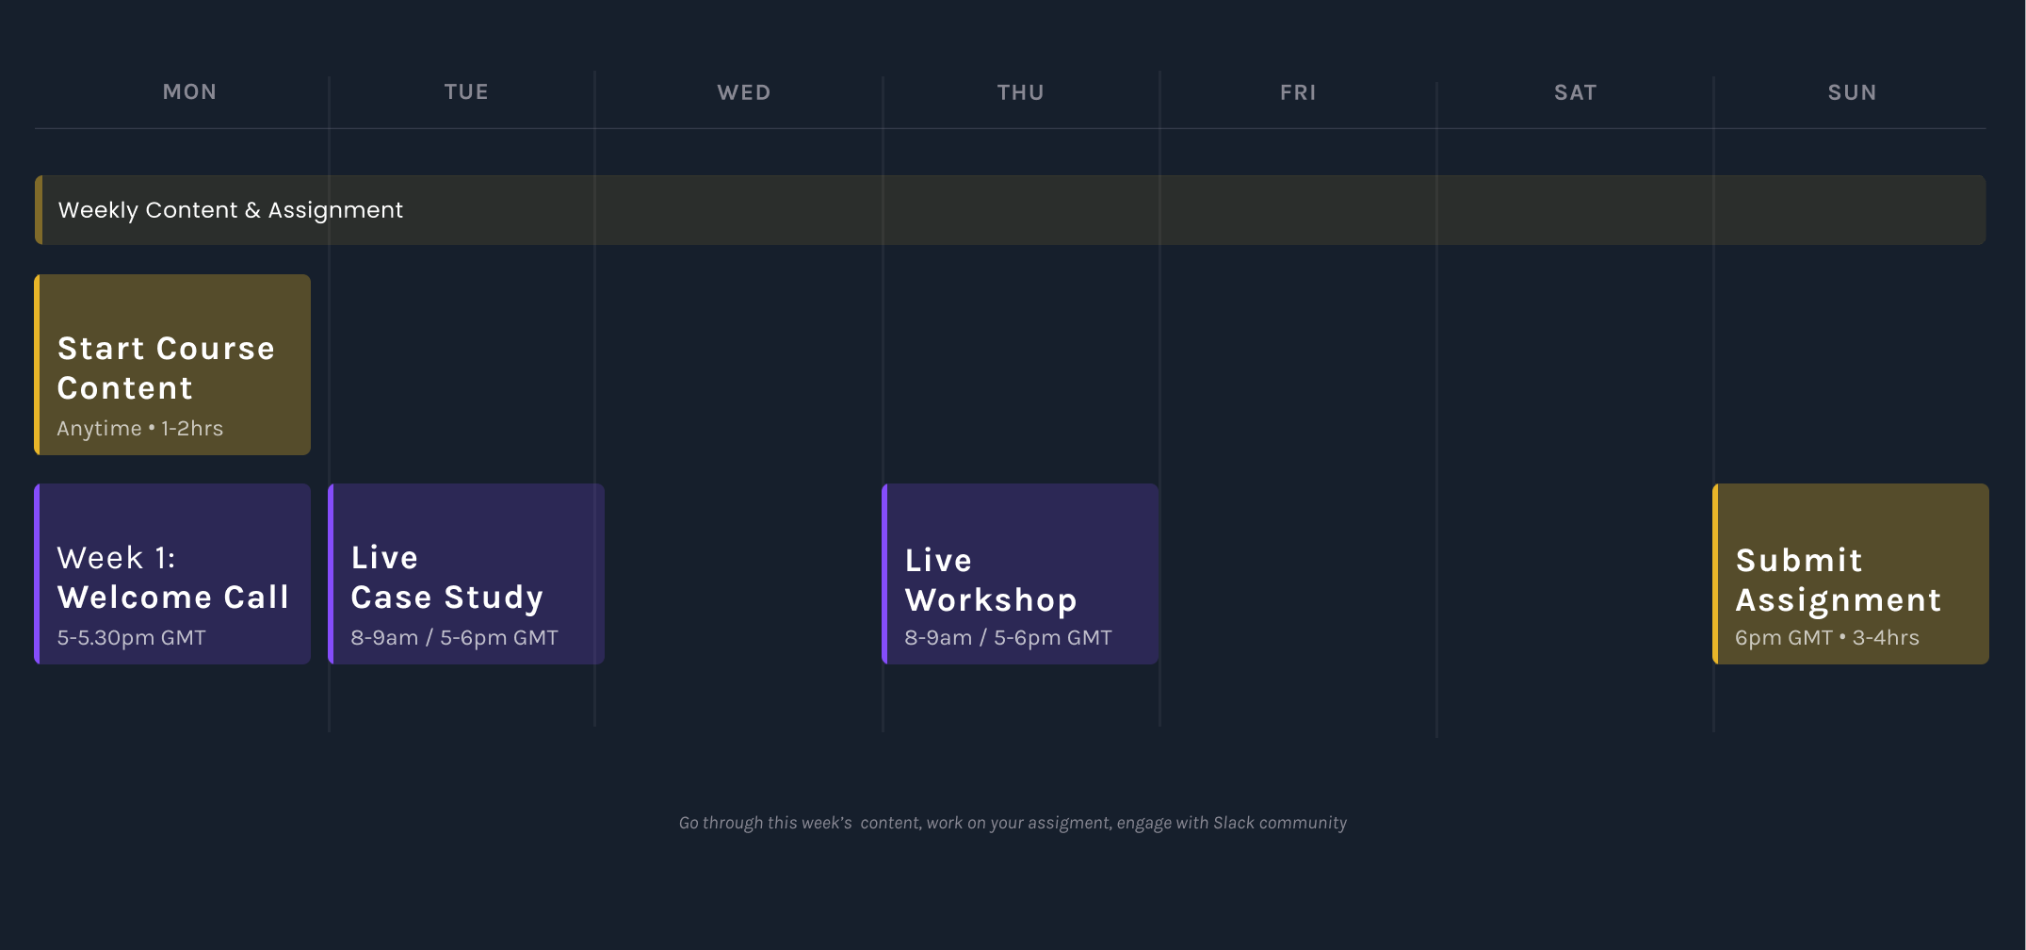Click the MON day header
click(189, 91)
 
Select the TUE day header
click(466, 91)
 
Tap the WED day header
click(744, 92)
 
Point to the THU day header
click(1021, 92)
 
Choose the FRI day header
click(1298, 92)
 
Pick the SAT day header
click(1575, 92)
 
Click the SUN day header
click(1852, 92)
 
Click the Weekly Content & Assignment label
click(231, 210)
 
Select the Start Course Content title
click(166, 369)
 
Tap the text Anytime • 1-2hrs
click(140, 429)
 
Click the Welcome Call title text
click(172, 598)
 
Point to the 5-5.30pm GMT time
click(131, 638)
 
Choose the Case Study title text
click(447, 598)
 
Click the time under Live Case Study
click(454, 638)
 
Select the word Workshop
click(991, 601)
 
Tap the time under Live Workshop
click(1008, 638)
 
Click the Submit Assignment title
click(1839, 581)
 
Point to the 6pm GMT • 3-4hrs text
click(1827, 638)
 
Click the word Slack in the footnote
click(1234, 823)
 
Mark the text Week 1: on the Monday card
click(116, 558)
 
